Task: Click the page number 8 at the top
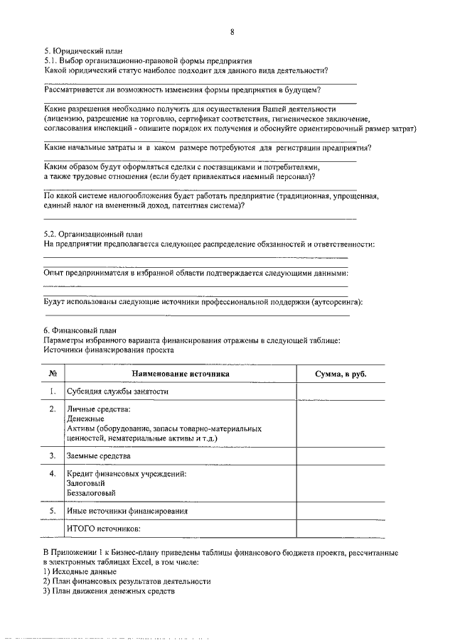[x=232, y=32]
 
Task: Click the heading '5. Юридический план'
[x=83, y=50]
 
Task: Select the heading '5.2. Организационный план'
[x=93, y=234]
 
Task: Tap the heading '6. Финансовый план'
[x=77, y=330]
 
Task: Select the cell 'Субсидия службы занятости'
[x=117, y=391]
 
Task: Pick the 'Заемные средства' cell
[x=99, y=455]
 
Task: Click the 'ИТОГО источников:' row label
[x=104, y=529]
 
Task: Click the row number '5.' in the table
[x=53, y=511]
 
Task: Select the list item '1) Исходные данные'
[x=80, y=571]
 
